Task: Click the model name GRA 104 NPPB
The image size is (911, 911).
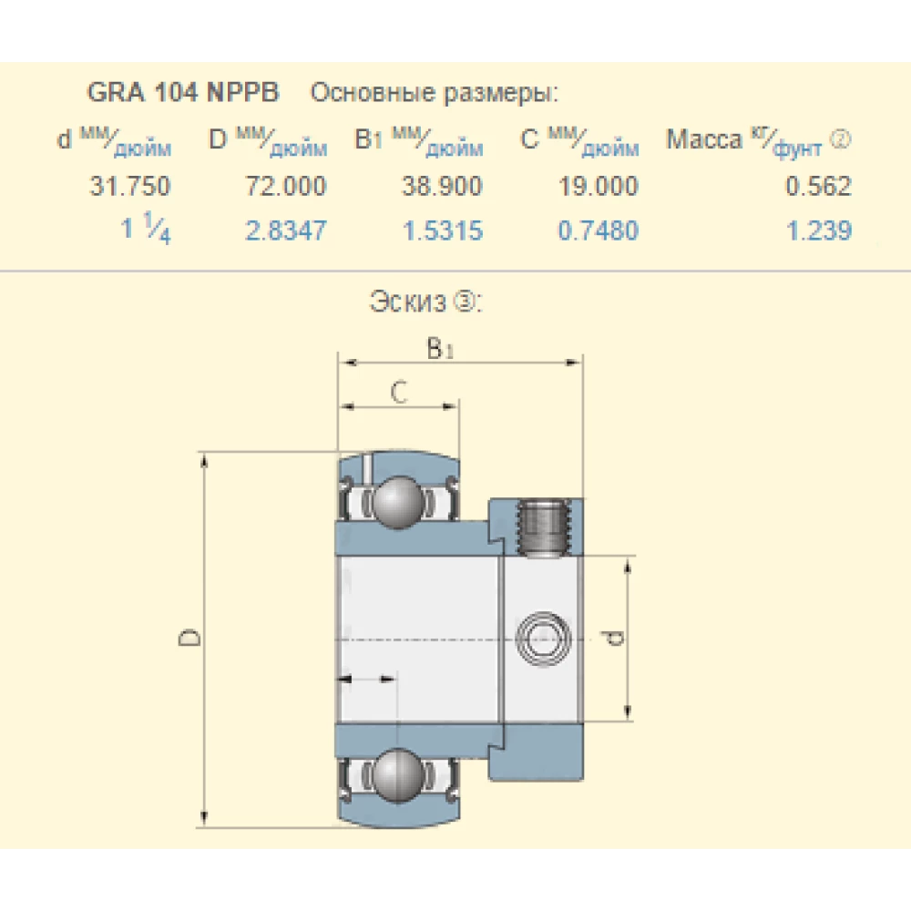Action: [183, 93]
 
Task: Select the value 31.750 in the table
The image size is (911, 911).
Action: [129, 187]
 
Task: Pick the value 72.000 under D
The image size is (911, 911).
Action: [285, 187]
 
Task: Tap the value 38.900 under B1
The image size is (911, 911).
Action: [442, 187]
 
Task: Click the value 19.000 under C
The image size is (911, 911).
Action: [598, 187]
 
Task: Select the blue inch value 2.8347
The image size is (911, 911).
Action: [285, 230]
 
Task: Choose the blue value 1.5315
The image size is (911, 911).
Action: [443, 230]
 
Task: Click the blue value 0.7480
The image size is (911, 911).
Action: [599, 230]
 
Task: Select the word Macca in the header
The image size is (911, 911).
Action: [704, 140]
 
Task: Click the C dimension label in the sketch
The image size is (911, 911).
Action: [397, 393]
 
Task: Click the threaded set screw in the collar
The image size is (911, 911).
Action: [545, 526]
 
